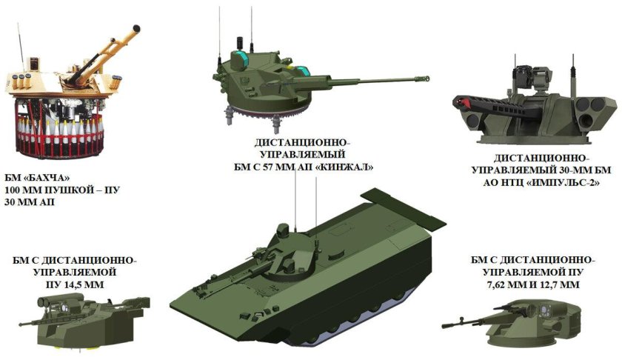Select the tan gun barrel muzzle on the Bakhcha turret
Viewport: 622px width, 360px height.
135,28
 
